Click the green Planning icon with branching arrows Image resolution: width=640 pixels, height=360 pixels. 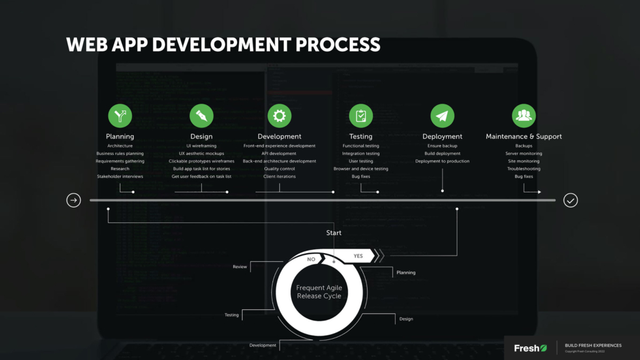coord(120,116)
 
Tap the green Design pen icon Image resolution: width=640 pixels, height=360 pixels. coord(201,116)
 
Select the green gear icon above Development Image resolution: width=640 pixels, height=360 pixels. coord(279,116)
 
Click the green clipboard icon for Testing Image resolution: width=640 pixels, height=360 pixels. coord(361,116)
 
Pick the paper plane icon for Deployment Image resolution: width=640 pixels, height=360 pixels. coord(442,116)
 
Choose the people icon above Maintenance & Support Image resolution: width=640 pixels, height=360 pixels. coord(524,116)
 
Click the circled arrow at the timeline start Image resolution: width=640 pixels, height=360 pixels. coord(74,200)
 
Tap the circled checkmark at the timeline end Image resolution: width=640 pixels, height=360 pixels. coord(571,200)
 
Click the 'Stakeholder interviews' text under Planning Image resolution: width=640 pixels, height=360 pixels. coord(120,176)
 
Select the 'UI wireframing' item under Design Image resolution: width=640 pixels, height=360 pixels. coord(201,146)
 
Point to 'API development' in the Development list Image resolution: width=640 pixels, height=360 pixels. coord(279,153)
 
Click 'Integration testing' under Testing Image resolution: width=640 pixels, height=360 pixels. coord(361,153)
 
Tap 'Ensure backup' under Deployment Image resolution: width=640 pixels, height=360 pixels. coord(442,146)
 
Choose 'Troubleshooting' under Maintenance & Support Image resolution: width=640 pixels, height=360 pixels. coord(524,169)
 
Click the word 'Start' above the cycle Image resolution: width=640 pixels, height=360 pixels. coord(334,233)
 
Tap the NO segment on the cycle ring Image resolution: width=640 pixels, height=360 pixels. coord(311,258)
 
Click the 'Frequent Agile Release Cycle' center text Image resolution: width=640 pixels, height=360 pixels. coord(319,292)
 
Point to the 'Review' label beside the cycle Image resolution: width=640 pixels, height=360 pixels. coord(240,267)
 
